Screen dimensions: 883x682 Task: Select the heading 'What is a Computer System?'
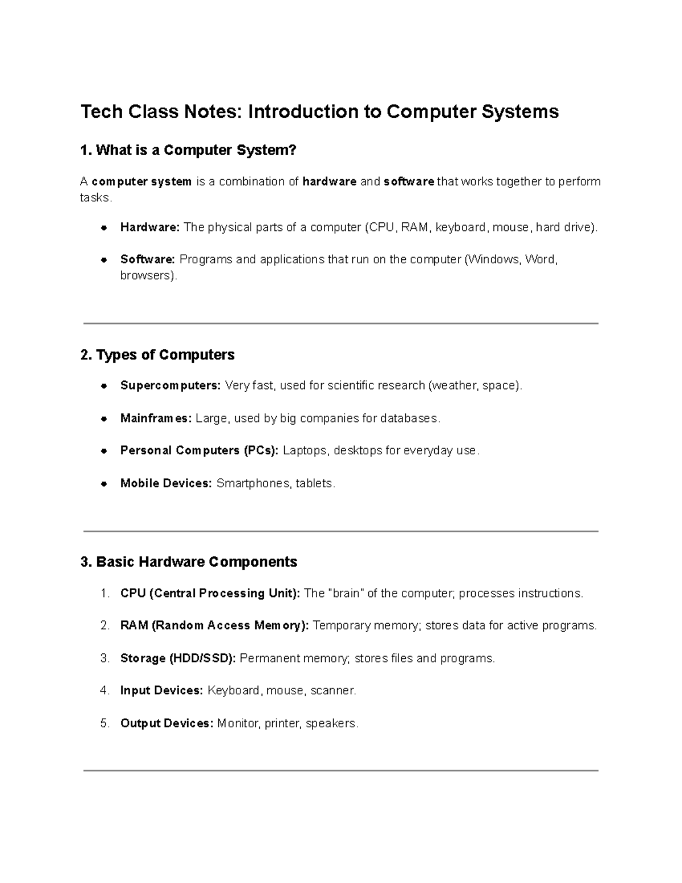click(x=189, y=150)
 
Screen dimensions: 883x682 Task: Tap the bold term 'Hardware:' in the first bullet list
click(x=149, y=227)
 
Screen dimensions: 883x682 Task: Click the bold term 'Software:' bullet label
click(x=147, y=259)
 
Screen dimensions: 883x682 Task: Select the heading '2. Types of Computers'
click(x=157, y=355)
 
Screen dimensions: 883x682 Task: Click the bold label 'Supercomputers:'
click(x=170, y=385)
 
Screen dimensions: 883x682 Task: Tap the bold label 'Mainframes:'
click(x=156, y=418)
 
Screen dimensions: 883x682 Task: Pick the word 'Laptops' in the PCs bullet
click(x=305, y=451)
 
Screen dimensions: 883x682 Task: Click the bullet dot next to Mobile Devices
click(x=104, y=484)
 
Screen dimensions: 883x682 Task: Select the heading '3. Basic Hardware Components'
click(x=189, y=562)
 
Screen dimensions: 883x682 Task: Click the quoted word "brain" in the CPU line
click(x=346, y=594)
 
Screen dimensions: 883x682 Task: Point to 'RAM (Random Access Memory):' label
click(x=214, y=625)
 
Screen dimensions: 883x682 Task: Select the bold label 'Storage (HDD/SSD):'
click(x=178, y=658)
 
